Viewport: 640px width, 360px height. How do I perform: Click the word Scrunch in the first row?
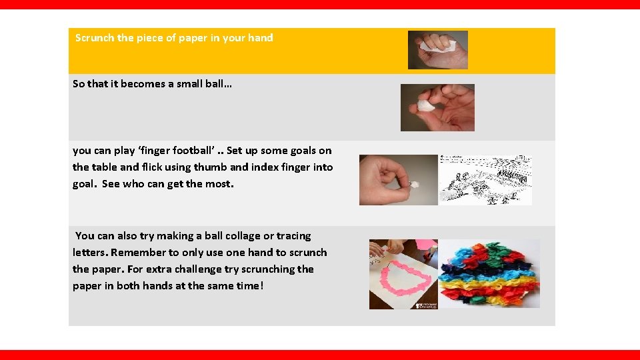tap(95, 38)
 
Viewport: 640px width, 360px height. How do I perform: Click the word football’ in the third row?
tap(193, 151)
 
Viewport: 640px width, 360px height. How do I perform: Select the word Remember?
tap(139, 253)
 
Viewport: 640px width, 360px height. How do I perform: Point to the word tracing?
tap(294, 236)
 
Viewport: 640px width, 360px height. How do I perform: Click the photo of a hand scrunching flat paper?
tap(437, 49)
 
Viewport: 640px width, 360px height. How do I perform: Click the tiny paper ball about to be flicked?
tap(415, 184)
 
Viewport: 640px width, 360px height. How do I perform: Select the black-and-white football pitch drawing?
tap(485, 180)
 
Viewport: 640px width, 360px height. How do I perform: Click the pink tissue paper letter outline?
tap(400, 279)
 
